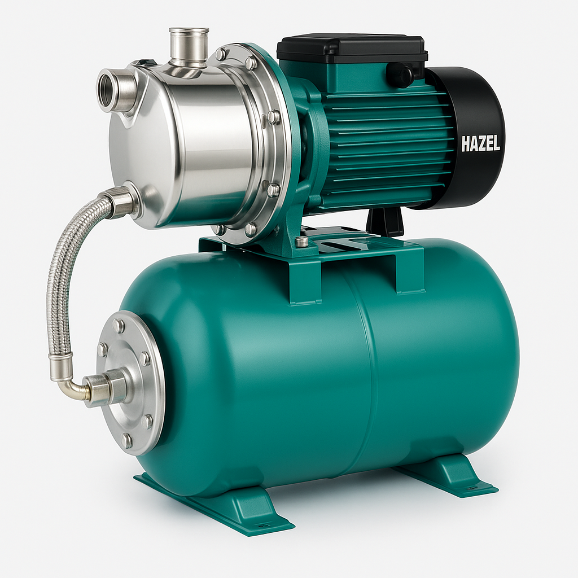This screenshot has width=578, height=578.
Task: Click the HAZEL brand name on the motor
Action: coord(480,143)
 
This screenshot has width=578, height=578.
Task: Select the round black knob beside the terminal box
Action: coord(399,74)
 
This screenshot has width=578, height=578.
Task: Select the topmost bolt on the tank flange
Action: coord(119,326)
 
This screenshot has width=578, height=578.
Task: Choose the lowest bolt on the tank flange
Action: coord(127,441)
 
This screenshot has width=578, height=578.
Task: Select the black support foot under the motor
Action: coord(386,221)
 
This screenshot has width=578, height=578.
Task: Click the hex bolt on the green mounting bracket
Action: coord(303,242)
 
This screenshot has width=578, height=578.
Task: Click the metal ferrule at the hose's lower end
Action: coord(60,367)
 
